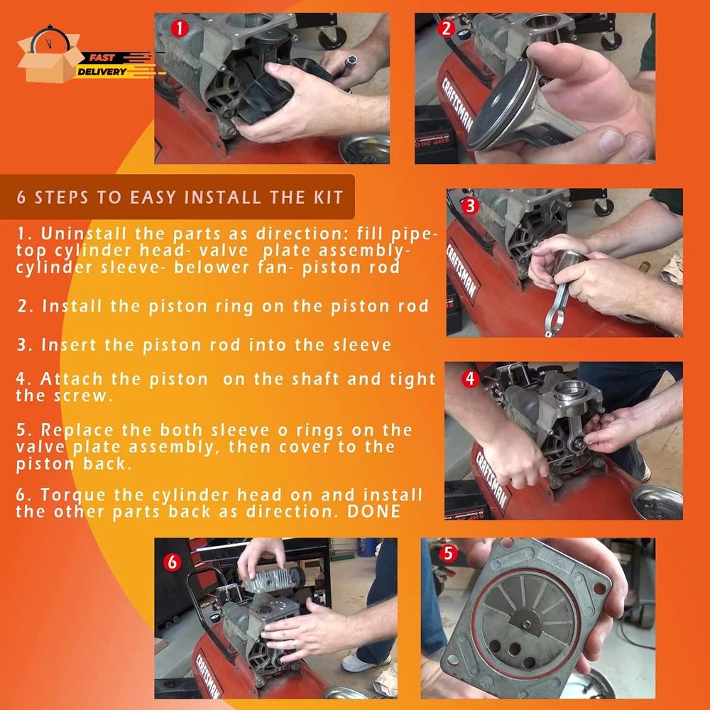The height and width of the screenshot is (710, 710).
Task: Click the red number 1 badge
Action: point(180,28)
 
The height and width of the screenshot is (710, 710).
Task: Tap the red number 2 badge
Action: point(446,28)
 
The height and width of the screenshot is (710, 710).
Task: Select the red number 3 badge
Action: point(470,206)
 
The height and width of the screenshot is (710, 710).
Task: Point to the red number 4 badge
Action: point(470,378)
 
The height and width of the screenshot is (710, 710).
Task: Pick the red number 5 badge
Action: point(448,553)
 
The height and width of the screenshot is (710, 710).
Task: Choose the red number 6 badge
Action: point(172,562)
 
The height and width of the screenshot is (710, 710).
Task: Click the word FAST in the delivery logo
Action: point(102,58)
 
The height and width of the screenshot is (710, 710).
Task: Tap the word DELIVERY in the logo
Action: point(102,72)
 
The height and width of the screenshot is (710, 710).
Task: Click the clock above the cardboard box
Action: point(50,39)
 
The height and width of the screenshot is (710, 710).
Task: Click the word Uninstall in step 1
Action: point(84,234)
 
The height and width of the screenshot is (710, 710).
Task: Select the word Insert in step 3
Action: point(70,345)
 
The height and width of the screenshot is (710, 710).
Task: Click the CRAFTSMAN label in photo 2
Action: point(458,104)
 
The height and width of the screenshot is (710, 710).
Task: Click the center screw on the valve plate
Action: point(527,624)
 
